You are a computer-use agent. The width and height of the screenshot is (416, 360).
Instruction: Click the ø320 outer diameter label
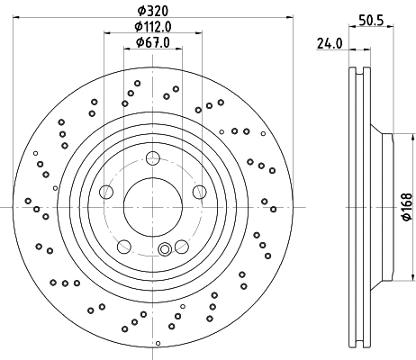click(x=150, y=9)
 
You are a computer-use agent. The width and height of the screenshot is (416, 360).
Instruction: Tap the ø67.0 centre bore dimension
click(x=150, y=41)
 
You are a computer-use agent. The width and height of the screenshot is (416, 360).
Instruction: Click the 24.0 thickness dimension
click(x=329, y=41)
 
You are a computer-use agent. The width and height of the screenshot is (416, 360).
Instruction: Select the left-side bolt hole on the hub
click(x=106, y=192)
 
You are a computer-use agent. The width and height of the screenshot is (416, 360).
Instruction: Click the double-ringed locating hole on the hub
click(x=164, y=249)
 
